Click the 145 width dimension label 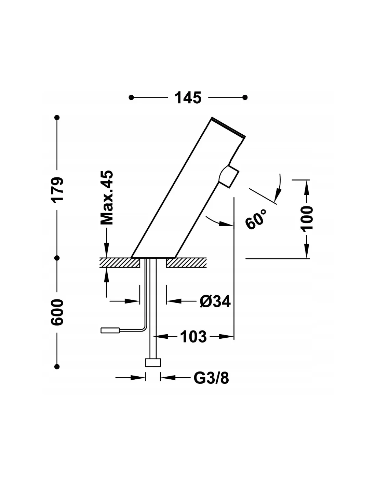tap(188, 98)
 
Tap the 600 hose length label tap(57, 312)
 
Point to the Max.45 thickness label tap(107, 198)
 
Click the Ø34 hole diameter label tap(215, 301)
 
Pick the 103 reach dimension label tap(193, 337)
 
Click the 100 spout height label tap(306, 218)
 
